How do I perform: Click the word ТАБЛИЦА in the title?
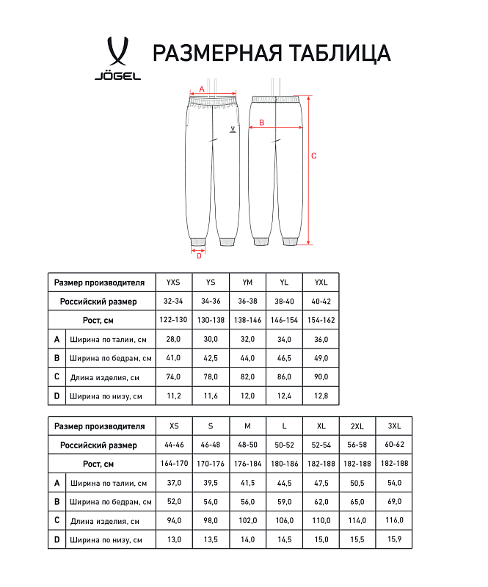(334, 53)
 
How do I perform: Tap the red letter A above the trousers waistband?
(202, 89)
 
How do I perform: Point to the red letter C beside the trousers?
(314, 156)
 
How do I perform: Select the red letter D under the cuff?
(199, 256)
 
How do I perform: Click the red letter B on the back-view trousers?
(261, 123)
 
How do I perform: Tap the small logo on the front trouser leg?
(233, 128)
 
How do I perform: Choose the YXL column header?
(321, 282)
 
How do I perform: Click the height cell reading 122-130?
(173, 320)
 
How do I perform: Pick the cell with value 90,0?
(321, 377)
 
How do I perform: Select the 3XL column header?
(394, 426)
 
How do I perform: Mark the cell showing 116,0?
(394, 521)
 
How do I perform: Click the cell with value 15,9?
(394, 540)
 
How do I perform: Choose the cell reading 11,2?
(173, 396)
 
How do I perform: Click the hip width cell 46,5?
(284, 358)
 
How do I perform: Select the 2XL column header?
(357, 426)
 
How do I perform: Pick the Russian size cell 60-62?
(394, 445)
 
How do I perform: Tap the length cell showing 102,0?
(247, 521)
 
